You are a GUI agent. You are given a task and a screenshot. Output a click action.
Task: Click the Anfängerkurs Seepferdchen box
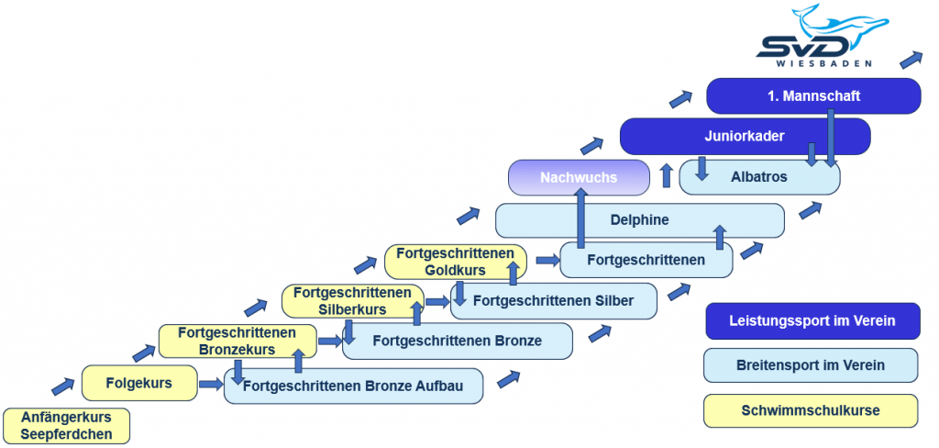click(66, 425)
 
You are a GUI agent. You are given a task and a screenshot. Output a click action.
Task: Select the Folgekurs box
click(139, 383)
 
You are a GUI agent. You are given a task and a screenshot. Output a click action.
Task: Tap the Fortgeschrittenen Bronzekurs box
click(237, 341)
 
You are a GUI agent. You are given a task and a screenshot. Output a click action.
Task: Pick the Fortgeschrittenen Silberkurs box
click(352, 300)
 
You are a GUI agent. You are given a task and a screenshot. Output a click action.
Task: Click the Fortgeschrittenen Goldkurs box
click(456, 262)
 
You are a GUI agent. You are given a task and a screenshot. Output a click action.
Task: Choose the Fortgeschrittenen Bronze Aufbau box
click(354, 386)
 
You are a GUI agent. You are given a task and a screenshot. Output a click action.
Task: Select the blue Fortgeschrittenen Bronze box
click(458, 341)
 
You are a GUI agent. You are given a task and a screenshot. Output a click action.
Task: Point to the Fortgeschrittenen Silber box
click(554, 300)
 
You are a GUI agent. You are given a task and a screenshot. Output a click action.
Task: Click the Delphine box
click(639, 220)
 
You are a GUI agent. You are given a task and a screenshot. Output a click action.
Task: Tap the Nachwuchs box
click(579, 176)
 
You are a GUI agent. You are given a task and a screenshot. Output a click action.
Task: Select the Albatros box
click(758, 176)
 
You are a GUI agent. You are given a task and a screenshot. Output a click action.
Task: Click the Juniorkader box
click(744, 136)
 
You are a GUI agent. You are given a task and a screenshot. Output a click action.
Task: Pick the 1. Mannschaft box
click(813, 95)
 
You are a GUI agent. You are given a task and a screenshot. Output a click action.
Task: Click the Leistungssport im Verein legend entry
click(812, 321)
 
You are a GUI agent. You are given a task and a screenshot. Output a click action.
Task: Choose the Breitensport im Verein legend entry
click(811, 364)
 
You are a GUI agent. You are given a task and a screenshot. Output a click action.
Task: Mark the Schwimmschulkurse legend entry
click(811, 410)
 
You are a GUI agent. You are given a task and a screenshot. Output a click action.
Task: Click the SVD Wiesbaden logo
click(820, 37)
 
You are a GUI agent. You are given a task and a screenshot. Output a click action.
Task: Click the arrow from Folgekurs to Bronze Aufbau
click(211, 384)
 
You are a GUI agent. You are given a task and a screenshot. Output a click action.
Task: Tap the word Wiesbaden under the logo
click(820, 64)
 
